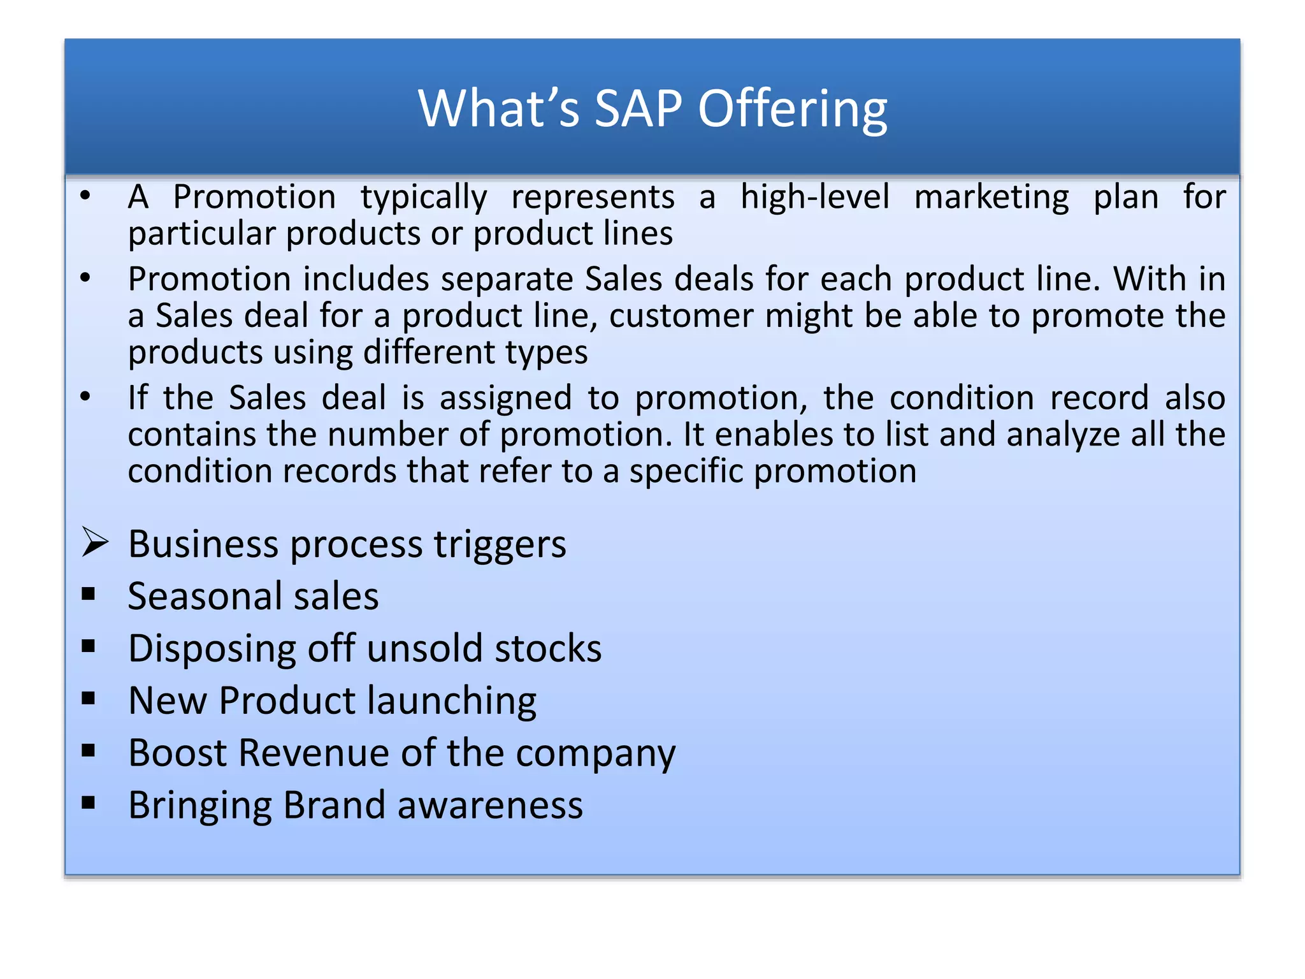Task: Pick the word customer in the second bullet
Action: (x=681, y=316)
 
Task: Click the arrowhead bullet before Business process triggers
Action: (x=95, y=543)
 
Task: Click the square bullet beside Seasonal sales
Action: (x=89, y=595)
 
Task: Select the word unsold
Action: (x=425, y=649)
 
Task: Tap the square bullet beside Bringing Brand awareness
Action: (x=89, y=802)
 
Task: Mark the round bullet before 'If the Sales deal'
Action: (x=85, y=396)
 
